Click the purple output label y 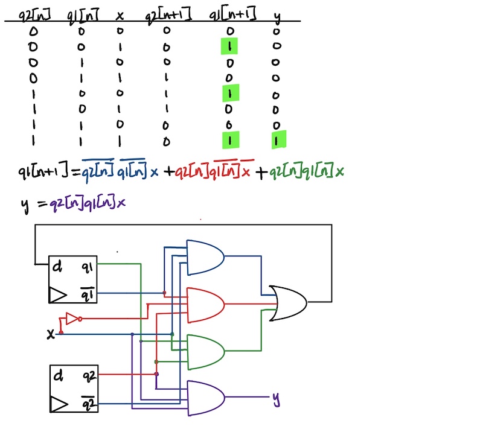(276, 398)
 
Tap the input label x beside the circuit (51, 333)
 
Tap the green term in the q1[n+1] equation (307, 173)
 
